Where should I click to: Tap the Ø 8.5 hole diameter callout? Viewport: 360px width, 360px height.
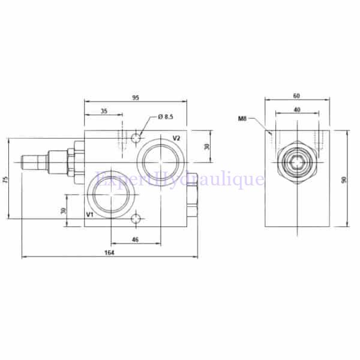(x=166, y=116)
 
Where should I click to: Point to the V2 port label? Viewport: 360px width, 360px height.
(x=177, y=138)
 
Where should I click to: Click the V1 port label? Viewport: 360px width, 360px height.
(x=89, y=214)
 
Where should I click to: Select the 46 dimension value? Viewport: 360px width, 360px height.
(x=136, y=239)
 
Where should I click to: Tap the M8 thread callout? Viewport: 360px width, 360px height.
(x=242, y=119)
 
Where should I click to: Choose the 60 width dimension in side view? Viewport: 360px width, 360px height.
(x=298, y=95)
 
